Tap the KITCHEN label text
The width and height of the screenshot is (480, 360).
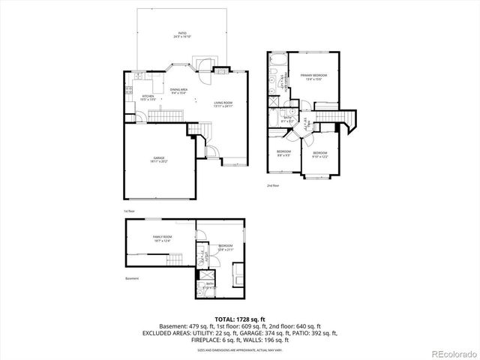tap(148, 96)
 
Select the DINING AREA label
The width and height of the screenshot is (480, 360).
tap(178, 91)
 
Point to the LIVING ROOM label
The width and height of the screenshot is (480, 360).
tap(223, 103)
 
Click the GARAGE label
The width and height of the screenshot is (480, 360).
tap(160, 158)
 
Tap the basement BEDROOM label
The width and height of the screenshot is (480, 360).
tap(226, 246)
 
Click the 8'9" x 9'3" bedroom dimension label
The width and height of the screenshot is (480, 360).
tap(283, 156)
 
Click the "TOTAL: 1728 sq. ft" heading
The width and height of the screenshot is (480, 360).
tap(239, 319)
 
